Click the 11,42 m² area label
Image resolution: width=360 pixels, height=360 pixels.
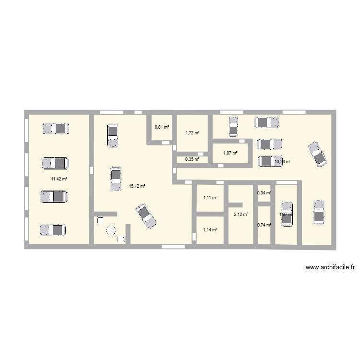pos(59,179)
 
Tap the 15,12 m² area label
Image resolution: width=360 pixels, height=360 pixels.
pos(137,187)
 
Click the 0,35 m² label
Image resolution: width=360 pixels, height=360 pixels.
pos(192,159)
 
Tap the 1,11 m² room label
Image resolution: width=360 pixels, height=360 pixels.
pos(210,197)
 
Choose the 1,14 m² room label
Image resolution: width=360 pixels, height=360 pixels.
pos(210,230)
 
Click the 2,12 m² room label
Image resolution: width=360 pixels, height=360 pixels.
pos(241,215)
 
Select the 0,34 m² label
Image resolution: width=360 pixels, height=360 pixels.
pos(264,193)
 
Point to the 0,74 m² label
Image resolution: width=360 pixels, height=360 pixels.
pos(264,225)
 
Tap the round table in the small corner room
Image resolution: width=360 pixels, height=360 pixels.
pos(111,231)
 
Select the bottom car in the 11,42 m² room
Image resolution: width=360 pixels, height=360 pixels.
pos(52,230)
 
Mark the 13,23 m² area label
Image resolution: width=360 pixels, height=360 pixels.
pos(283,162)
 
